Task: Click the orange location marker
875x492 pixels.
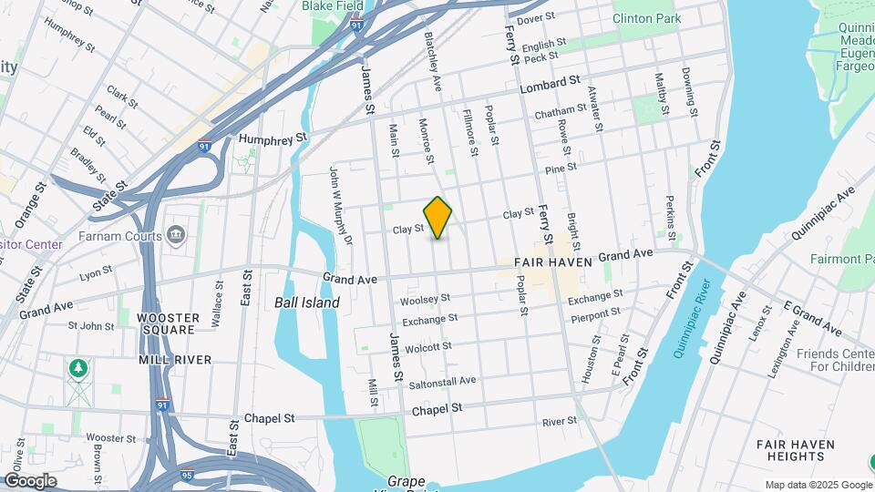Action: (438, 218)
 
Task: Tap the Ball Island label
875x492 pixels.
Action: (307, 302)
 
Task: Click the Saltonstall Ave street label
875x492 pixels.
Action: (442, 381)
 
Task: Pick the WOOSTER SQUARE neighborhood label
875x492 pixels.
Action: (168, 323)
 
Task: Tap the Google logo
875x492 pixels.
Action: (30, 480)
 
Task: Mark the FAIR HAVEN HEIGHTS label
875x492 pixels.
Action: (795, 450)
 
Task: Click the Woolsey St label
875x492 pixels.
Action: (426, 299)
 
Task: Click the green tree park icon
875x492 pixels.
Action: (78, 368)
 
